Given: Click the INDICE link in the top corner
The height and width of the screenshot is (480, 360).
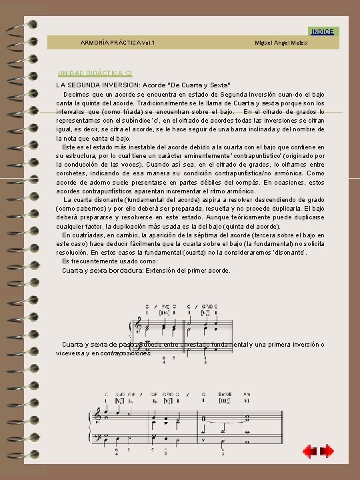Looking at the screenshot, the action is (323, 31).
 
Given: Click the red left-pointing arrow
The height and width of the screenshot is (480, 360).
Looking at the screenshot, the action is (308, 452).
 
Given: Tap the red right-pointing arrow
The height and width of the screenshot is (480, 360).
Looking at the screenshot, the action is (327, 452).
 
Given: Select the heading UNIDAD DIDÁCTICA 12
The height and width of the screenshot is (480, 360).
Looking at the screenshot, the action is (95, 72).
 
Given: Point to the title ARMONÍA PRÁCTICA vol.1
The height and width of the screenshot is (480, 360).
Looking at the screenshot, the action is (117, 43).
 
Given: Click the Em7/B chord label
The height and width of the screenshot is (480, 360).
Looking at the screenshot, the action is (225, 394).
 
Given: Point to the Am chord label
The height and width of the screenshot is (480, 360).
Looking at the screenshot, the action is (247, 394).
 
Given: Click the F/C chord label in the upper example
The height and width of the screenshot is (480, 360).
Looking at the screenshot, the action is (165, 306).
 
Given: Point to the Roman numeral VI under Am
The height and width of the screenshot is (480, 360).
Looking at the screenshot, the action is (247, 401).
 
